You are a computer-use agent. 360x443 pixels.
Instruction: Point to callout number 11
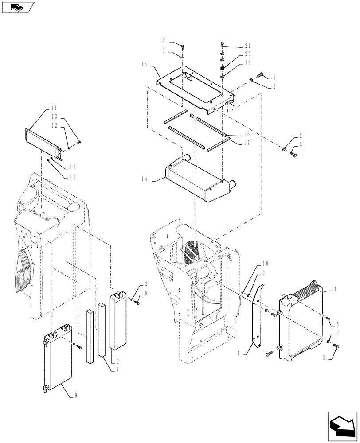coord(54,108)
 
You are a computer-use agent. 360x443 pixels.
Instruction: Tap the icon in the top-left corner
coord(17,7)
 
